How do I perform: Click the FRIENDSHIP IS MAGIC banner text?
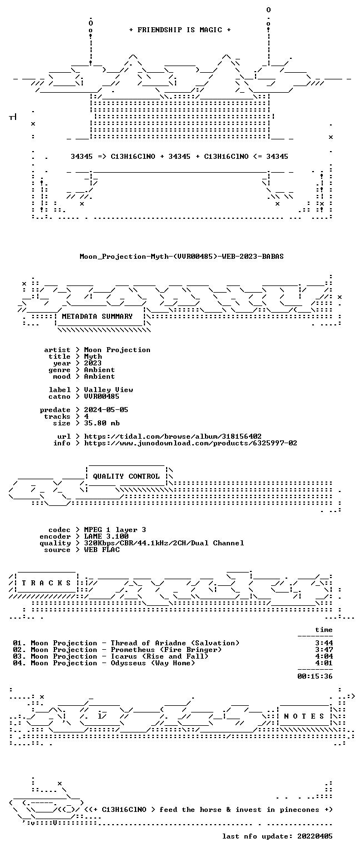180,29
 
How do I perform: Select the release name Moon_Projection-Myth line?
181,256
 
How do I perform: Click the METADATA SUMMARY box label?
97,316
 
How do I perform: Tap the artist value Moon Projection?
117,350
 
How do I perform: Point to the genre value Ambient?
99,370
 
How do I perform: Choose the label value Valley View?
108,390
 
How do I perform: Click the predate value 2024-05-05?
106,410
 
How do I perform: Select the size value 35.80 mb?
102,423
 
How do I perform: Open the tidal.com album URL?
173,436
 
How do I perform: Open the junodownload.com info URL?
191,443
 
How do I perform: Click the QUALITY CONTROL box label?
126,476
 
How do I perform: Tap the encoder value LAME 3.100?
106,536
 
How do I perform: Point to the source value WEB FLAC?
102,549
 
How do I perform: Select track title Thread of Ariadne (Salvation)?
175,643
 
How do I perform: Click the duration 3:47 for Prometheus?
324,650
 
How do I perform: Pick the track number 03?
19,656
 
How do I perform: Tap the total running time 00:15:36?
315,676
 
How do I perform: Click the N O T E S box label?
304,716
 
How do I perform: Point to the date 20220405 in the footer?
315,836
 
